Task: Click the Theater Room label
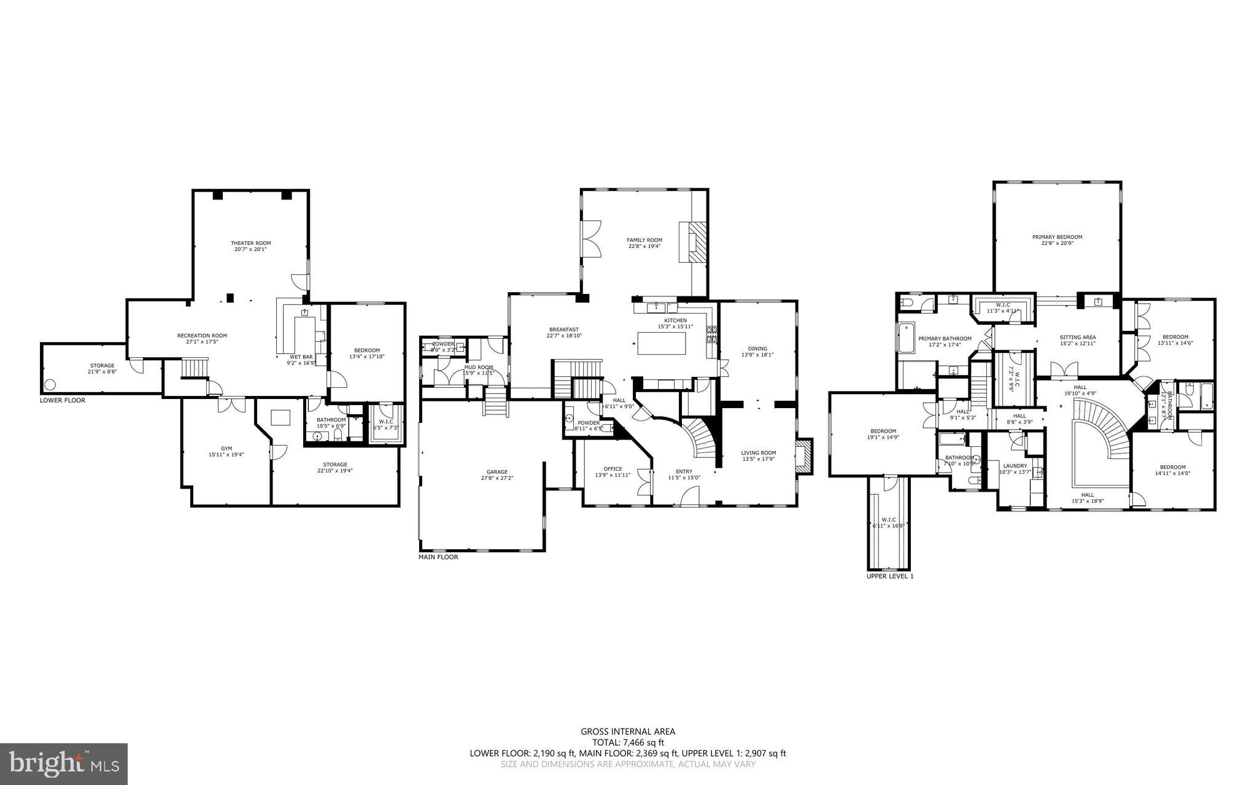(x=250, y=243)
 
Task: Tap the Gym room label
(x=226, y=449)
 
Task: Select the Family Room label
(x=644, y=240)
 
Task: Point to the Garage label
(x=497, y=472)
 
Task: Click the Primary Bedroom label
(x=1057, y=237)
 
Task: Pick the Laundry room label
(x=1015, y=466)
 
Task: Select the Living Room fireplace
(x=805, y=456)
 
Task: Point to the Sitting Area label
(x=1077, y=337)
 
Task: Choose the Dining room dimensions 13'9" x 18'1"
(x=757, y=355)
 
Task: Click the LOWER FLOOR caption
(x=62, y=400)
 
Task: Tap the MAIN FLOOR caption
(x=438, y=557)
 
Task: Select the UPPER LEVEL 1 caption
(x=890, y=576)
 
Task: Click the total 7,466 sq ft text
(x=628, y=742)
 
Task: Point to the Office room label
(x=613, y=469)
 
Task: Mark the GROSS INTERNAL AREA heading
(x=628, y=731)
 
